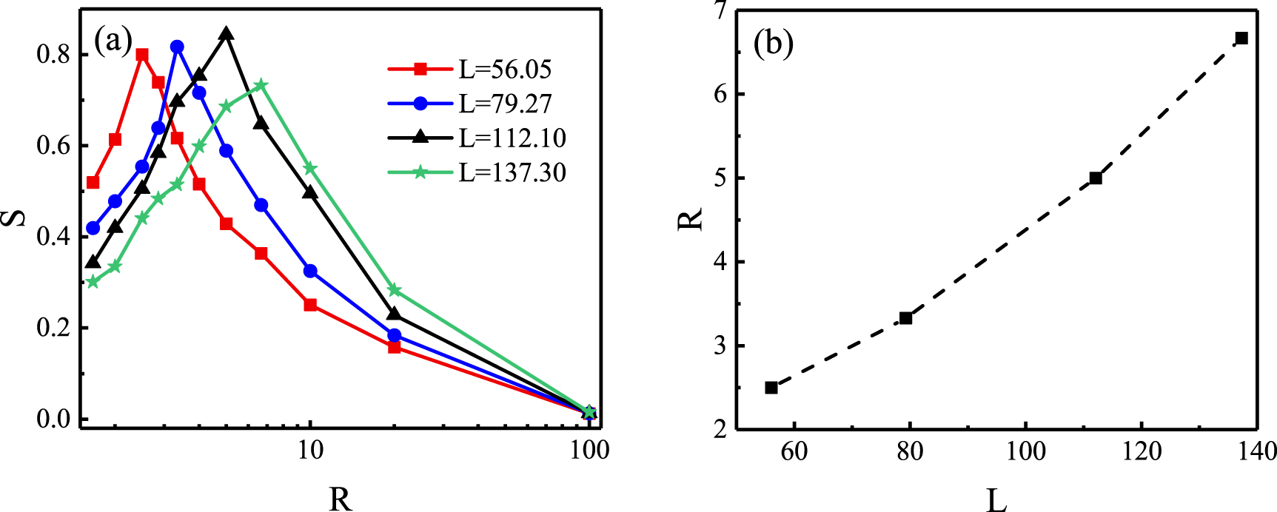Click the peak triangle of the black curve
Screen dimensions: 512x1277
(227, 34)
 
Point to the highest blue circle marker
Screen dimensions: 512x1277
(177, 47)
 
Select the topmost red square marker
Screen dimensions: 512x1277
(142, 55)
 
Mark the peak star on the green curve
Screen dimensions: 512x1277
(261, 85)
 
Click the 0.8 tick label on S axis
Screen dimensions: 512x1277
(53, 55)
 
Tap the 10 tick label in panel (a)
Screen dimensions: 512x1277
(310, 451)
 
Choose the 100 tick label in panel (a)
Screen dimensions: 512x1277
(589, 451)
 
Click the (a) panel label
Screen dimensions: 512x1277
(113, 41)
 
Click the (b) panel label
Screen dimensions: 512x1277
(773, 44)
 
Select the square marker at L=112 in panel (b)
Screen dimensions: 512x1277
(1096, 178)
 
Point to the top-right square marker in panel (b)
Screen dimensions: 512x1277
(1242, 38)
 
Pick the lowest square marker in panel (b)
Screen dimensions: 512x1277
(771, 388)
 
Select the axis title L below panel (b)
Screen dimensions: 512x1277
(996, 500)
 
